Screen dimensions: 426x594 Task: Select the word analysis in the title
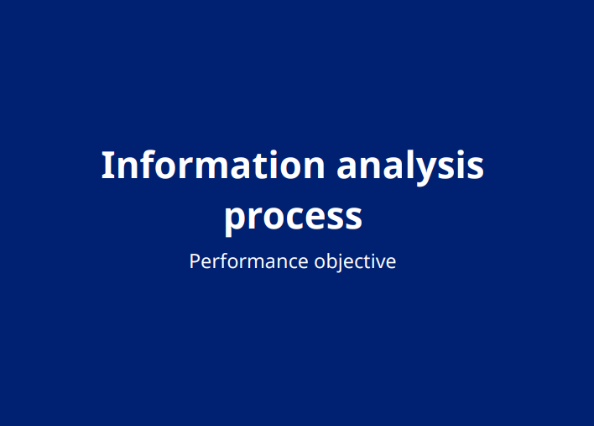[410, 166]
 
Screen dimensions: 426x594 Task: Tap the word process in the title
[293, 217]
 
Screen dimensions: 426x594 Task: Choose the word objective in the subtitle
[355, 262]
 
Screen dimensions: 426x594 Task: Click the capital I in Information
[107, 165]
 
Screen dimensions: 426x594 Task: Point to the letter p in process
[236, 220]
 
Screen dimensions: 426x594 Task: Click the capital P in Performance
[195, 261]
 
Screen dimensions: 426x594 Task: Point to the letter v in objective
[380, 263]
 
